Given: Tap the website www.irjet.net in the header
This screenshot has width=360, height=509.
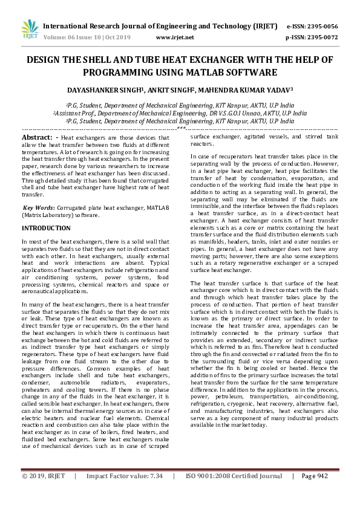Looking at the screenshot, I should pos(175,37).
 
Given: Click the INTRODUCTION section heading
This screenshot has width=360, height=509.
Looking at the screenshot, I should pos(46,229).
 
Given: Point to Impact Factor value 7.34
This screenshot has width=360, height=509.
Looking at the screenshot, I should pos(157,493).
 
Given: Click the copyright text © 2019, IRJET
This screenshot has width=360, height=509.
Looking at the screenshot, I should pos(44,493).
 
